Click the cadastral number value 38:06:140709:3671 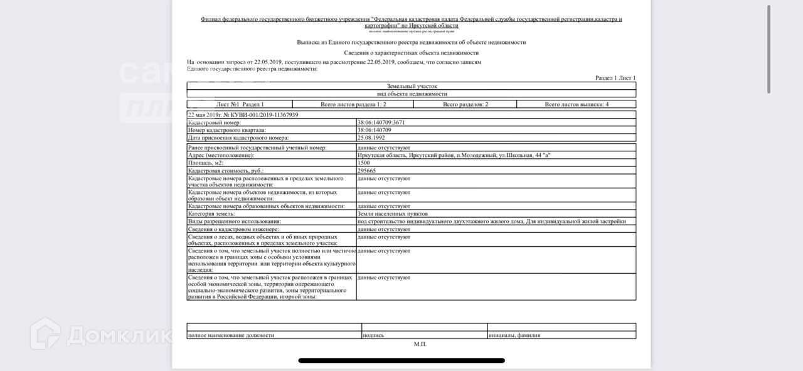tap(381, 122)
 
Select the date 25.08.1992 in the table tap(371, 137)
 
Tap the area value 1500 tap(364, 163)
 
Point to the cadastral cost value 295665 tap(367, 171)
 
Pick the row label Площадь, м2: tap(206, 163)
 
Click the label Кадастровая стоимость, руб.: tap(226, 171)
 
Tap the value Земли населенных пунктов tap(393, 214)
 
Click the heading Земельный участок tap(412, 86)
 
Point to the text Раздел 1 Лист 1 tap(615, 78)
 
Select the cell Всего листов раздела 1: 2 tap(353, 104)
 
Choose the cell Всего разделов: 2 tap(465, 104)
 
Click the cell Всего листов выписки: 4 tap(577, 104)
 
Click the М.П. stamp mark tap(420, 344)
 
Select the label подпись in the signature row tap(373, 335)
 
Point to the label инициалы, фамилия tap(514, 335)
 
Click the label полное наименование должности tap(231, 335)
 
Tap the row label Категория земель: tap(211, 214)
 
